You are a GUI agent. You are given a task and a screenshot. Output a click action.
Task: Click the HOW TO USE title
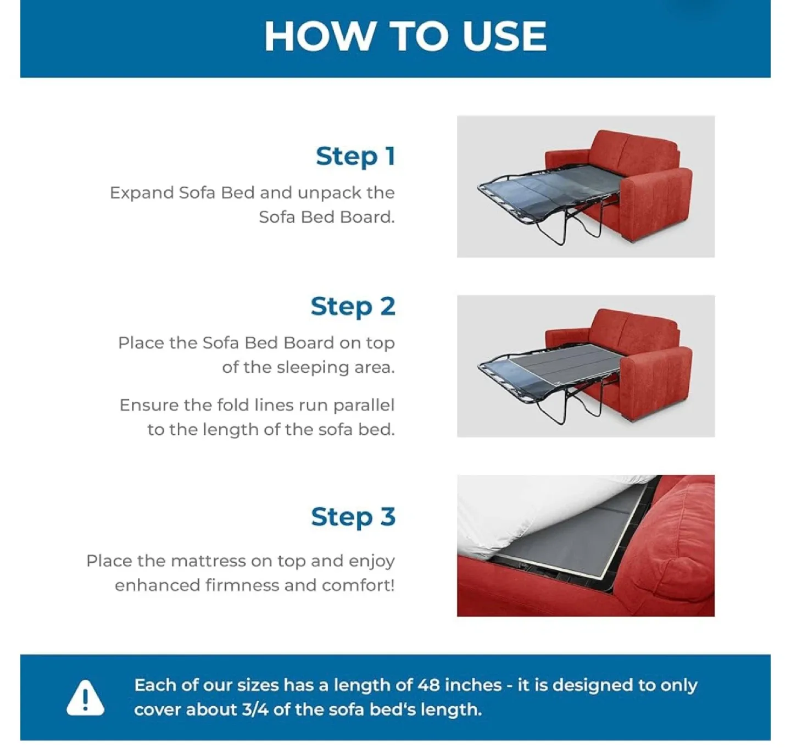[405, 36]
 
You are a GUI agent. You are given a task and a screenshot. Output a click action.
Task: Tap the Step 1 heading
[355, 156]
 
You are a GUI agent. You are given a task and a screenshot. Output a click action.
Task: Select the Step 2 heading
[353, 307]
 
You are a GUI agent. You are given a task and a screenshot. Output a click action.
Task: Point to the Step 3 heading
[353, 517]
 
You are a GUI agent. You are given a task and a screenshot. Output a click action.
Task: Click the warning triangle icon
[85, 697]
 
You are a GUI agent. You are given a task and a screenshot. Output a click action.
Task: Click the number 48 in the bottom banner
[428, 685]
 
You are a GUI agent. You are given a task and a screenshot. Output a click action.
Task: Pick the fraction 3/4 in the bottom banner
[255, 710]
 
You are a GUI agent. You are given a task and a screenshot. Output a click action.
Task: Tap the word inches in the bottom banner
[473, 685]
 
